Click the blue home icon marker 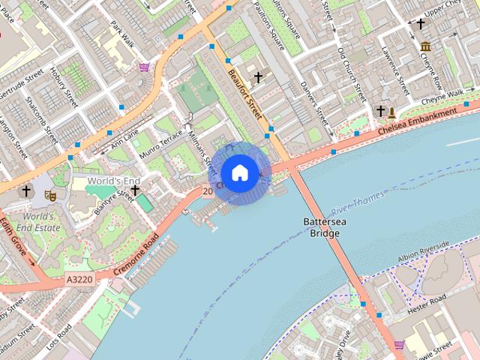(x=239, y=173)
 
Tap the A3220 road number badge (x=79, y=279)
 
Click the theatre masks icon (x=50, y=195)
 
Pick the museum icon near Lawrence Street (x=425, y=46)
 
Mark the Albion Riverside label (x=424, y=252)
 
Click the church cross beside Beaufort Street (x=258, y=77)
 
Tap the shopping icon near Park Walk (x=143, y=67)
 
